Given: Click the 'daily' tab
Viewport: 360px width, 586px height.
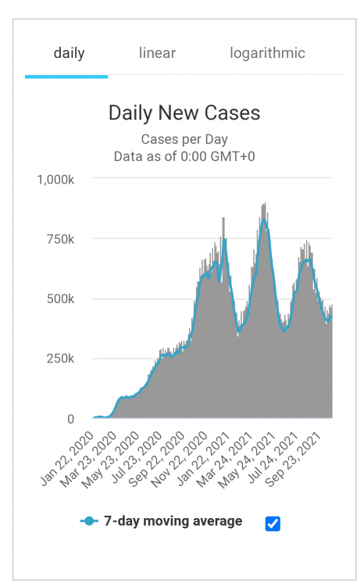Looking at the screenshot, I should [x=69, y=54].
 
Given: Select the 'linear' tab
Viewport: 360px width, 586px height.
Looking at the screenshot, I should [x=157, y=54].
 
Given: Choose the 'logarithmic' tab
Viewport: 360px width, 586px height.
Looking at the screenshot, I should [x=267, y=54].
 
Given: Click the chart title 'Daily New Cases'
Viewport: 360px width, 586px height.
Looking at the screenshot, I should [x=184, y=113].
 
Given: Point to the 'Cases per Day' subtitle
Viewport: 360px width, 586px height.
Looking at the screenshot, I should [x=184, y=140].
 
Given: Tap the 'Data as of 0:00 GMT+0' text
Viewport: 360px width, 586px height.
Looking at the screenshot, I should [x=184, y=156].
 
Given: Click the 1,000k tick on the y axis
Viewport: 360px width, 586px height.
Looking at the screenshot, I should [x=55, y=179].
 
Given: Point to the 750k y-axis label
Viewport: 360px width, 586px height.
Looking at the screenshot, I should [x=60, y=239].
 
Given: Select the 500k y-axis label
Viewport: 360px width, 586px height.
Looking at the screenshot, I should [x=60, y=299].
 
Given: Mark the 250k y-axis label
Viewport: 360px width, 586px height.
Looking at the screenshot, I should [x=60, y=359].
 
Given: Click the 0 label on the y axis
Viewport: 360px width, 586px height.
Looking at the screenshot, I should [x=70, y=419].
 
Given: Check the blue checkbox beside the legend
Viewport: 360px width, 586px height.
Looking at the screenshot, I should [x=273, y=523].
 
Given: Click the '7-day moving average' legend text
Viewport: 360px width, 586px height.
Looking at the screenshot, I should [x=173, y=521].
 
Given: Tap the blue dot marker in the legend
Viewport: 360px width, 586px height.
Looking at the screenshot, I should [x=90, y=521].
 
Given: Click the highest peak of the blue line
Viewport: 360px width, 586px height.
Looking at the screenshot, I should [x=265, y=221].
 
